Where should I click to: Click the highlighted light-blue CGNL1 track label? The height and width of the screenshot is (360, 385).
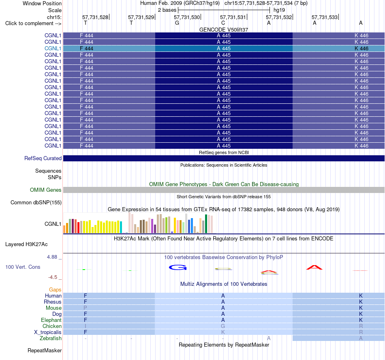[x=53, y=48]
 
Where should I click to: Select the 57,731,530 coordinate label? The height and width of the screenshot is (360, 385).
[x=187, y=17]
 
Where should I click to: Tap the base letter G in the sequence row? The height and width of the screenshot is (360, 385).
[x=177, y=23]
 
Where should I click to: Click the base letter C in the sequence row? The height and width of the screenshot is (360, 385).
[x=223, y=23]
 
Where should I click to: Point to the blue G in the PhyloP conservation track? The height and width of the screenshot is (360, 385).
[x=178, y=268]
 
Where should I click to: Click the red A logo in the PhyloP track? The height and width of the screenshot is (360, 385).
[x=314, y=268]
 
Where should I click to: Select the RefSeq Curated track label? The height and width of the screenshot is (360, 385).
[x=43, y=159]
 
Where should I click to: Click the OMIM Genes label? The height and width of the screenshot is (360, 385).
[x=46, y=190]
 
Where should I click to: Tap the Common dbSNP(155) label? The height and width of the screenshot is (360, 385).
[x=36, y=202]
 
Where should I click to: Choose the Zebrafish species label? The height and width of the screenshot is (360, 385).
[x=51, y=338]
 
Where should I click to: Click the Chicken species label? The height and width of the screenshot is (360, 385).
[x=52, y=326]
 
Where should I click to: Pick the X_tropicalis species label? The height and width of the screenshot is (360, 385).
[x=48, y=332]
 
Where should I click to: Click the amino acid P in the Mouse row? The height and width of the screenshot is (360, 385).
[x=85, y=308]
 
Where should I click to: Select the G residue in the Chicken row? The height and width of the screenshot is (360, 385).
[x=223, y=326]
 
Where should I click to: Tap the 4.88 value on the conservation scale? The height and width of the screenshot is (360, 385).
[x=52, y=257]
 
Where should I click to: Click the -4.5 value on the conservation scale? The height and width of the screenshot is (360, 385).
[x=53, y=277]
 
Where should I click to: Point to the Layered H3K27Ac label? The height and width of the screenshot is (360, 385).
[x=26, y=244]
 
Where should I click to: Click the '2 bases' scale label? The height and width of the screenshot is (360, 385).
[x=167, y=10]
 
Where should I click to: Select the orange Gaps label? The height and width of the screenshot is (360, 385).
[x=55, y=290]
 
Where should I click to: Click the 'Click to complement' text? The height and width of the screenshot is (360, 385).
[x=30, y=24]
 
